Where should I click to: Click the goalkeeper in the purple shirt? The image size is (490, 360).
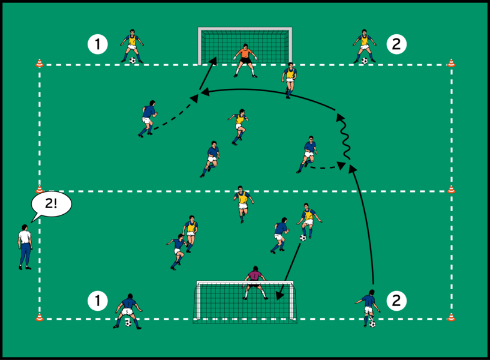255,282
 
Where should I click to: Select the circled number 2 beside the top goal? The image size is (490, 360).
396,44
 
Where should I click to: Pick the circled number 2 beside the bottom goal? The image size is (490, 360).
396,301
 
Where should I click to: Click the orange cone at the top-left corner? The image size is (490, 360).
40,62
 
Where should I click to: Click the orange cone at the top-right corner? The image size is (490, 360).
451,62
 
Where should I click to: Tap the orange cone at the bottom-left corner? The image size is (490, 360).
40,316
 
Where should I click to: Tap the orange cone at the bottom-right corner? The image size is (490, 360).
451,316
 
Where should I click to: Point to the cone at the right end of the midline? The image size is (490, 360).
451,189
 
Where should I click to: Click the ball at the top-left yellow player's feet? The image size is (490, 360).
133,60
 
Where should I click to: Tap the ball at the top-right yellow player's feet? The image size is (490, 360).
364,61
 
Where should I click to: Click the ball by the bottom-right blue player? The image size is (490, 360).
372,324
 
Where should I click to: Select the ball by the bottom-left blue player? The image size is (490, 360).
128,323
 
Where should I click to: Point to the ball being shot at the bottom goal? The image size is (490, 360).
303,238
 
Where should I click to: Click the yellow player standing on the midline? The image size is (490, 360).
242,203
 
